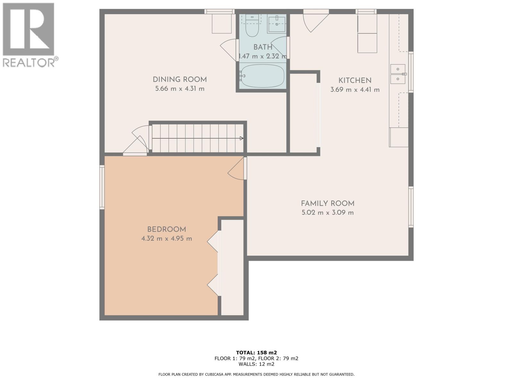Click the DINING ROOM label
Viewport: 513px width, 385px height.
click(180, 80)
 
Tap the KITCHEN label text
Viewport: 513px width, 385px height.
click(355, 81)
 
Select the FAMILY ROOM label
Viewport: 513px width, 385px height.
click(327, 203)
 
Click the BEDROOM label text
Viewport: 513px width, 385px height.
click(166, 229)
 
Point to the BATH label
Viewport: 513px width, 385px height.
click(263, 47)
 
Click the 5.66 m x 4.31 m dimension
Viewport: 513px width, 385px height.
click(180, 89)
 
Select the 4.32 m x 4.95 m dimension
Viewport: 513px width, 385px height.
click(166, 239)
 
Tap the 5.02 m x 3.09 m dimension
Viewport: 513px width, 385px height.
click(327, 212)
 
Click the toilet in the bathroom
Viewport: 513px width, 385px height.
click(252, 27)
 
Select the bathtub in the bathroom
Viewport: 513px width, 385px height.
click(262, 76)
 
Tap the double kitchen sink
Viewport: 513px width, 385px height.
click(398, 73)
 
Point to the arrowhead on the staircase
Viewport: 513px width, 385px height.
click(241, 138)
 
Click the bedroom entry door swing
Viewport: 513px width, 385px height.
click(236, 169)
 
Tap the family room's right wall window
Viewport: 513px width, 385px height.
click(411, 207)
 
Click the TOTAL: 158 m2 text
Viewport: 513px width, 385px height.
click(256, 352)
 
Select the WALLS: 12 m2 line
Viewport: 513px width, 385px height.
click(256, 364)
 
